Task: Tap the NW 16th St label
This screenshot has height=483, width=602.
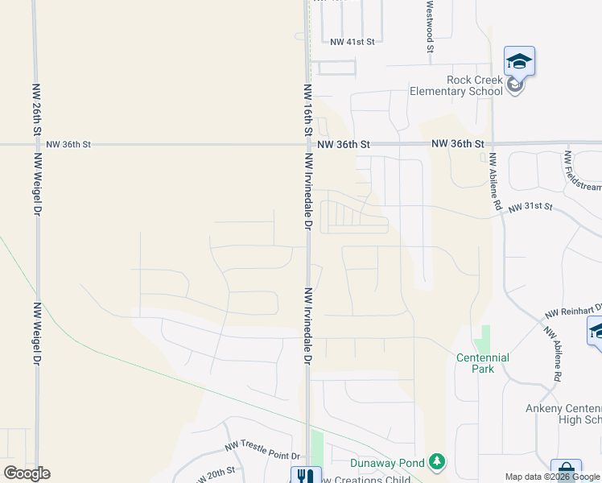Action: pos(307,109)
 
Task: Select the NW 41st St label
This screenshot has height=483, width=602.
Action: pos(353,42)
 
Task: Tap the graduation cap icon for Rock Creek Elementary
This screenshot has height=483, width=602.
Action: pos(519,61)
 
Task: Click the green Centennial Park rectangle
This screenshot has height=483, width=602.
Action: pos(484,337)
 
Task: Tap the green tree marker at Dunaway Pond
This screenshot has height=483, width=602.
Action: pos(436,461)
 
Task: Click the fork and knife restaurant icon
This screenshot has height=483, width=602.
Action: pos(305,476)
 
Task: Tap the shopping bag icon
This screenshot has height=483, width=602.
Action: pos(566,471)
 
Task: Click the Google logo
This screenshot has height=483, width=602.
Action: pos(27,473)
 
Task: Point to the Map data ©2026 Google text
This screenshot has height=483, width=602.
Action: pos(552,477)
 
